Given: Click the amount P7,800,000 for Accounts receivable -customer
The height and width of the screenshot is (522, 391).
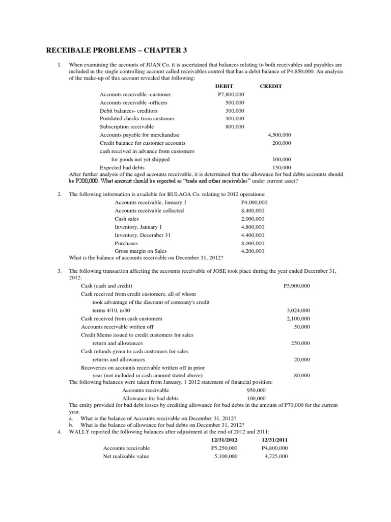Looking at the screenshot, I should (x=231, y=95).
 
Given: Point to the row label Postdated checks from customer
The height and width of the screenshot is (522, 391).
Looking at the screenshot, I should (x=137, y=118).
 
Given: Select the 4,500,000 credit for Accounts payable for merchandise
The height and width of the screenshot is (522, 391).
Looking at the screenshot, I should (x=280, y=135).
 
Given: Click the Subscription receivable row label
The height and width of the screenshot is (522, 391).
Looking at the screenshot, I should (x=127, y=126).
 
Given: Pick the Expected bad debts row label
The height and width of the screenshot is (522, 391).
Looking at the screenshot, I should (x=122, y=167).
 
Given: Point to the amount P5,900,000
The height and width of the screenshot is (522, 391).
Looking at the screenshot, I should (x=296, y=286).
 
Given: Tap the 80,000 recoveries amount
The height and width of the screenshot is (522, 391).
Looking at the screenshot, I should (x=302, y=375).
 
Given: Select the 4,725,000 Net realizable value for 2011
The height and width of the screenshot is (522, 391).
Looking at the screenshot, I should (x=276, y=456).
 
